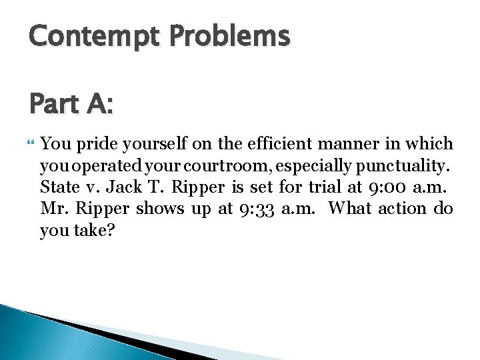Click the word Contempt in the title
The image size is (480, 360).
[94, 37]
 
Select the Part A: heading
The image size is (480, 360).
[71, 103]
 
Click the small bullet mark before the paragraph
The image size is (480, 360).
[30, 142]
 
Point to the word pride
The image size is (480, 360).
[97, 144]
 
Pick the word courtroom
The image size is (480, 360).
[225, 165]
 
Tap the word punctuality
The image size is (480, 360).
[403, 166]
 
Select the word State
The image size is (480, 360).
[60, 187]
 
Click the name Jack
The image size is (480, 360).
[124, 187]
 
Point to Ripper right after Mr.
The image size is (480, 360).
[102, 209]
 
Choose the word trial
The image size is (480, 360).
[325, 187]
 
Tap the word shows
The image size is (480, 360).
[160, 208]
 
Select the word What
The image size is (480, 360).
[350, 208]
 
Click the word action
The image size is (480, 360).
[402, 209]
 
